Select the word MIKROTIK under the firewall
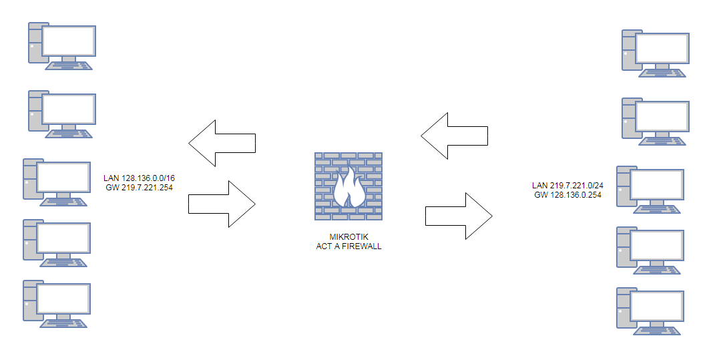click(x=348, y=237)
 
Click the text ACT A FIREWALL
click(x=348, y=246)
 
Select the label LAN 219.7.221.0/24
click(x=566, y=186)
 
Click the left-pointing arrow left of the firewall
click(x=222, y=143)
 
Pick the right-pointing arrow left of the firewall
click(x=222, y=204)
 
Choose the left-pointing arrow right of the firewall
click(x=454, y=136)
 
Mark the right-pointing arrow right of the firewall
click(x=459, y=216)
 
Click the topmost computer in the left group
click(x=62, y=45)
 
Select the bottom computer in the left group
click(x=57, y=303)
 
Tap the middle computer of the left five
click(x=57, y=182)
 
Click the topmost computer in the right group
click(x=655, y=53)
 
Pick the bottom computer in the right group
click(x=650, y=311)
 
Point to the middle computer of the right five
click(x=650, y=190)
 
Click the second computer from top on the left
click(x=62, y=114)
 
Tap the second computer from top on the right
click(x=655, y=121)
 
